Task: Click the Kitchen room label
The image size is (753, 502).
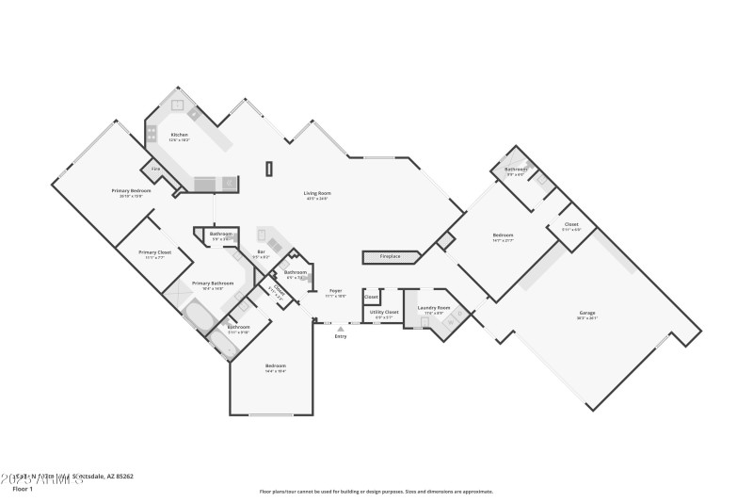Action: (179, 135)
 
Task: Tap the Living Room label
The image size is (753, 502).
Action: (316, 193)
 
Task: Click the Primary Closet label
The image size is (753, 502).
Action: (154, 252)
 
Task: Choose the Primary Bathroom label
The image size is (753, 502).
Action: (213, 283)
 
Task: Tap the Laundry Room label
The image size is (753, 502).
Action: (434, 308)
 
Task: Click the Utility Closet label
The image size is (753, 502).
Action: (384, 312)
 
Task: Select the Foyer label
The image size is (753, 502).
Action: (334, 291)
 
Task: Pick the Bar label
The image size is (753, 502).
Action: (261, 251)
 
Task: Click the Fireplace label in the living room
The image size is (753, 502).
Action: (390, 256)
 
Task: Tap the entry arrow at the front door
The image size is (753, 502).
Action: (341, 328)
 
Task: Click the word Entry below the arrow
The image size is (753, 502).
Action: (341, 336)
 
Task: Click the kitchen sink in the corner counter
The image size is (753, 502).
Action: (193, 114)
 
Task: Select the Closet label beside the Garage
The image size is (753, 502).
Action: (571, 224)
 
